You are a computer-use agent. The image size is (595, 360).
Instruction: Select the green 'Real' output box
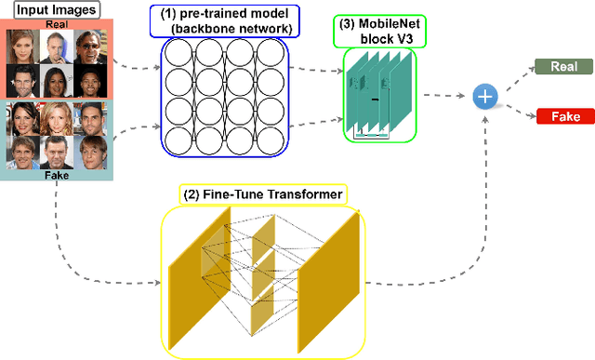562,67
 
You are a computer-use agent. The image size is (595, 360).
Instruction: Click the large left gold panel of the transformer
200,279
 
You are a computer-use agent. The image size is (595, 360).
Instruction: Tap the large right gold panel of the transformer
329,279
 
